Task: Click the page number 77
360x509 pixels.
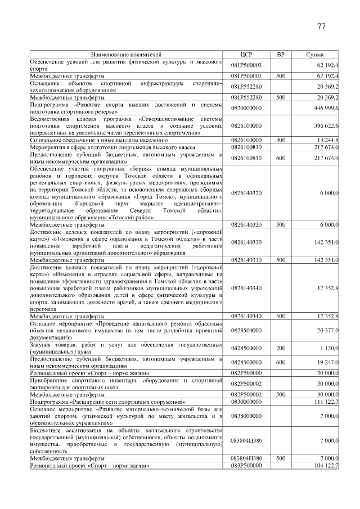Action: [x=322, y=27]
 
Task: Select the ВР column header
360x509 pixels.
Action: [x=281, y=54]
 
